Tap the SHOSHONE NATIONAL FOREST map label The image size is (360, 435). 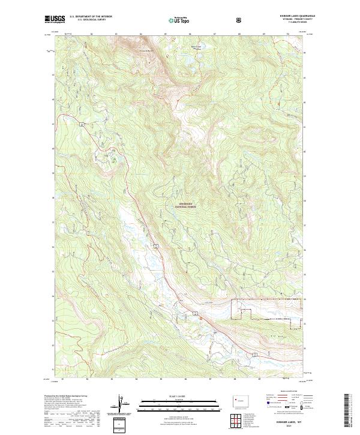coord(187,205)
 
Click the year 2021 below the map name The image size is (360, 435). coord(287,425)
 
